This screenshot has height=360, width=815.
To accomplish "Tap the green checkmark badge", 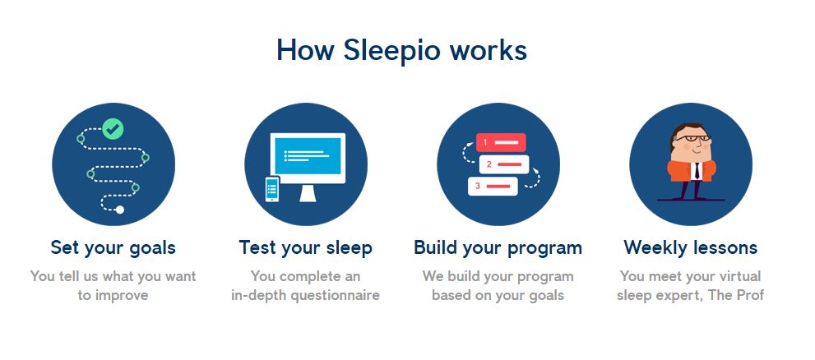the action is click(113, 129).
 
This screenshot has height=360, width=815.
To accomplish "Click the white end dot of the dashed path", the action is click(120, 210).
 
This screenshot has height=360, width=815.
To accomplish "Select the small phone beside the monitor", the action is click(272, 189).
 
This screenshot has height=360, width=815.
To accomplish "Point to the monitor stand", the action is click(308, 192).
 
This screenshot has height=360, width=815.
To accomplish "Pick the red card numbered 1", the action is click(501, 142).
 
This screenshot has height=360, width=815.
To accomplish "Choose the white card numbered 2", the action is click(503, 164).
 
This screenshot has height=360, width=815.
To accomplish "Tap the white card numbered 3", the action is click(493, 187).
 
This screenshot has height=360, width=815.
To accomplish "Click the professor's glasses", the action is click(694, 138).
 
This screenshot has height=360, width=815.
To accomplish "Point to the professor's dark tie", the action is click(697, 171).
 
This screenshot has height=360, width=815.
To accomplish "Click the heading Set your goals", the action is click(113, 247).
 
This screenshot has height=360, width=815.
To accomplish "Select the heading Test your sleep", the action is click(306, 247).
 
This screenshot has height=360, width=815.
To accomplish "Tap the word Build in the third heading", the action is click(437, 247).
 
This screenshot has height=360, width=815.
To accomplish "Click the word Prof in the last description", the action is click(751, 295).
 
